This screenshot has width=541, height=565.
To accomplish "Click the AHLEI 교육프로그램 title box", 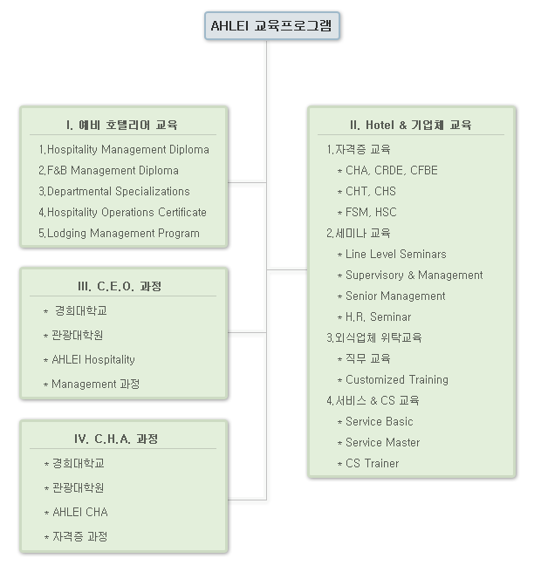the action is [x=272, y=25].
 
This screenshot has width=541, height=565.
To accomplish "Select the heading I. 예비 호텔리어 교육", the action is [x=122, y=125].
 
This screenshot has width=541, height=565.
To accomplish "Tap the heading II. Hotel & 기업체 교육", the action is [x=411, y=125].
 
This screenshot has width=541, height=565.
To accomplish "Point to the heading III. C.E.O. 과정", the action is [x=120, y=286].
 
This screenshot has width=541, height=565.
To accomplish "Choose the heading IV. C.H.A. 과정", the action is [x=116, y=439].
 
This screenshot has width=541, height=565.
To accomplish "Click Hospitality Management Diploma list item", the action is [x=124, y=150].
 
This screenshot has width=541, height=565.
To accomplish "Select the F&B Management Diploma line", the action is [x=108, y=170].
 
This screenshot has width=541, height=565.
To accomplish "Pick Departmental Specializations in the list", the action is [x=114, y=191].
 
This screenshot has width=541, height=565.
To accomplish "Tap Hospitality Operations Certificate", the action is [x=123, y=212].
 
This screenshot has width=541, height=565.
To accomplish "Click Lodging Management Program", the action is [x=119, y=233].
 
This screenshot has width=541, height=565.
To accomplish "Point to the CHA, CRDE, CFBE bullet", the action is [x=387, y=170].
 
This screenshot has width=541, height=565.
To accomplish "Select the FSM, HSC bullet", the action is [x=366, y=212].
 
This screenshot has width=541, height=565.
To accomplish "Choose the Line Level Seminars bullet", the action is [x=392, y=254].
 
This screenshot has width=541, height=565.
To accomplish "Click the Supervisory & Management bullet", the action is [x=410, y=276].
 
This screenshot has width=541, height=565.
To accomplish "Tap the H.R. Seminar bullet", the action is [x=374, y=317].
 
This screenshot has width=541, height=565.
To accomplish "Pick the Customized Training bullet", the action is [x=393, y=380].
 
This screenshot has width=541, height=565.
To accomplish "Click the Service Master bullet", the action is [x=379, y=442].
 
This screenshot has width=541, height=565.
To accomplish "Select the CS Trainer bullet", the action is [x=368, y=463].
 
